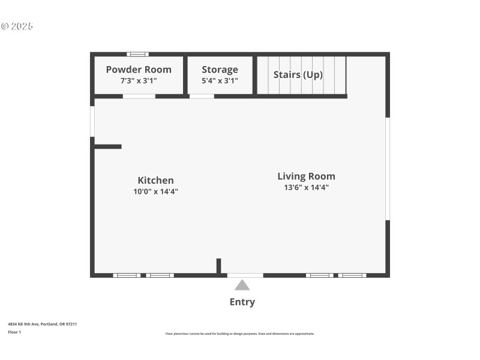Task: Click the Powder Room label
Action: [139, 70]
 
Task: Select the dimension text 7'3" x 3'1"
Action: [139, 80]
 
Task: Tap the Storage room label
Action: [220, 70]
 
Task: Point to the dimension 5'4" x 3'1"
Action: [220, 80]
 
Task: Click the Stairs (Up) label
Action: [298, 75]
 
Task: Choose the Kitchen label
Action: [155, 181]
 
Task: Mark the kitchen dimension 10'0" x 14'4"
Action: [155, 191]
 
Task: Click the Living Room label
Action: [306, 176]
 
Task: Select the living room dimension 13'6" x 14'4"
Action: [306, 187]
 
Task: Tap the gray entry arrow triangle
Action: [242, 285]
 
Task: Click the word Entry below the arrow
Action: [242, 302]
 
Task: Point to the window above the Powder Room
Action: [137, 54]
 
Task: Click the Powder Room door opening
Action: [139, 96]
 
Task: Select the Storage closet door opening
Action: [202, 96]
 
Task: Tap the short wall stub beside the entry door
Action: [219, 266]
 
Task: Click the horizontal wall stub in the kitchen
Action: [108, 146]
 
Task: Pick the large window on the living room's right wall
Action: [388, 168]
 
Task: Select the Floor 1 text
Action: [14, 332]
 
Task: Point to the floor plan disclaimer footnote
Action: [239, 334]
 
